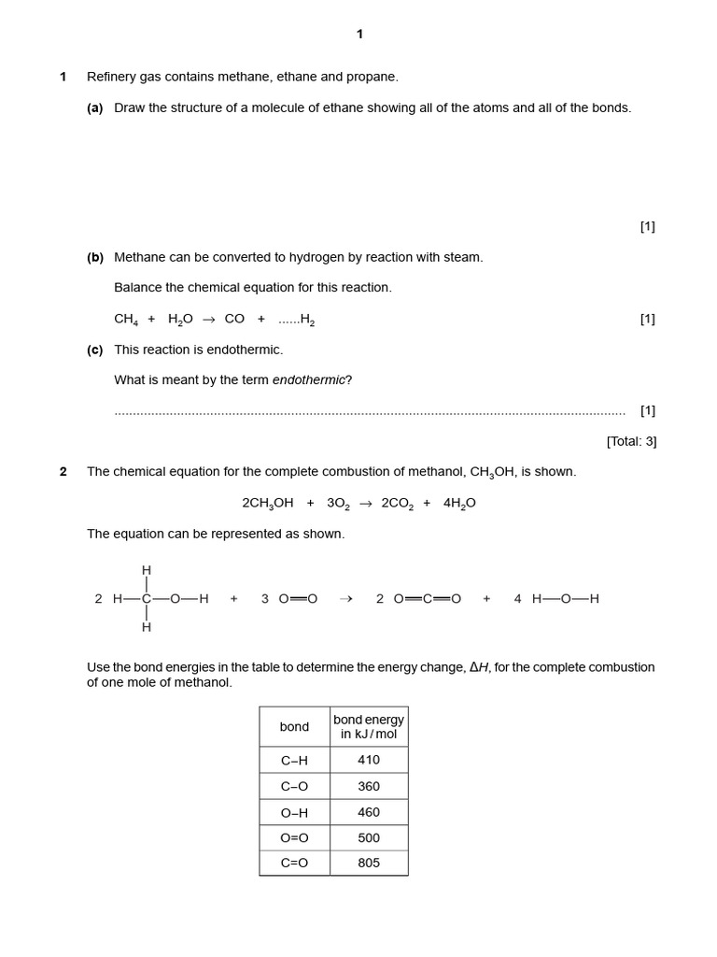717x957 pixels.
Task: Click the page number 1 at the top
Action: coord(359,35)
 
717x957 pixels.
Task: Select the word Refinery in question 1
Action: coord(111,77)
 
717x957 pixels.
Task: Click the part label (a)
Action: coord(94,107)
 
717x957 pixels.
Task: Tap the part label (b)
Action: coord(94,257)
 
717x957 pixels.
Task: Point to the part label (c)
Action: coord(94,350)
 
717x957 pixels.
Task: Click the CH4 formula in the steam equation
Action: coord(126,320)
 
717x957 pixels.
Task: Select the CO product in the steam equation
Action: coord(234,319)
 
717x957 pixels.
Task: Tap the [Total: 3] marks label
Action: coord(631,441)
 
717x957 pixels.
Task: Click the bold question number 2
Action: coord(63,472)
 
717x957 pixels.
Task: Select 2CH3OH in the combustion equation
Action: coord(267,503)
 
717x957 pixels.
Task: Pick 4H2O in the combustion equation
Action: coord(459,503)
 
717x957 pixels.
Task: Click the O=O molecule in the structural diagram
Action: coord(298,599)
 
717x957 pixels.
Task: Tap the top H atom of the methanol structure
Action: coord(146,570)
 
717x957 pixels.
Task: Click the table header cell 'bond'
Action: coord(294,726)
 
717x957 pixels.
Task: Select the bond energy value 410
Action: coord(369,760)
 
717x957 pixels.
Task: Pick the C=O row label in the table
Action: coord(294,863)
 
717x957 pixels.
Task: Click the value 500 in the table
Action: coord(369,837)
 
